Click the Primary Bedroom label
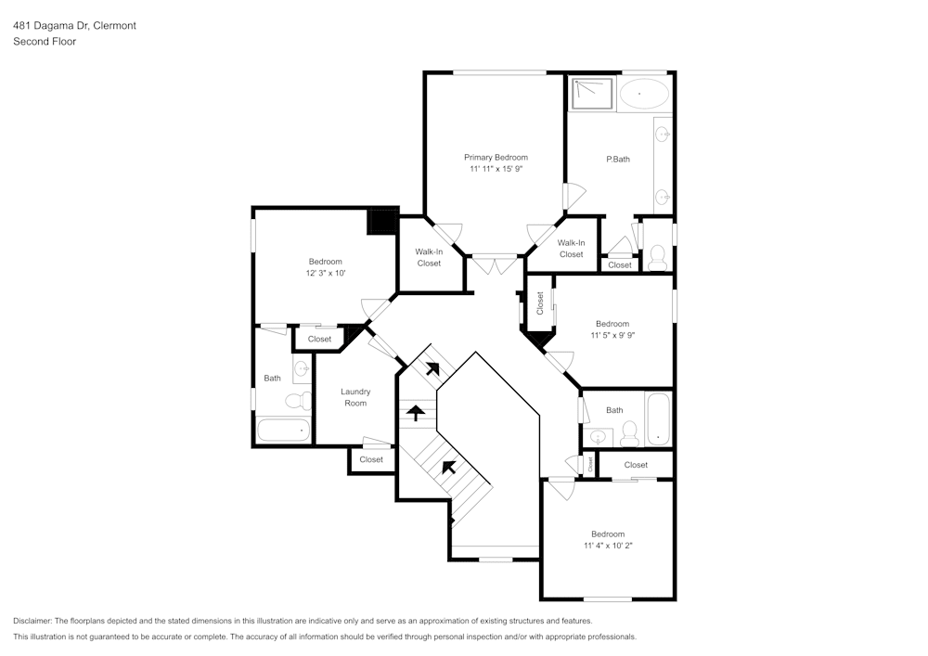click(x=496, y=158)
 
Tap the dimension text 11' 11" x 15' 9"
click(x=496, y=169)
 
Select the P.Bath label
click(x=618, y=160)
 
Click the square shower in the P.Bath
click(x=591, y=93)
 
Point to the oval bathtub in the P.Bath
click(x=643, y=94)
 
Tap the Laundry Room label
click(x=354, y=397)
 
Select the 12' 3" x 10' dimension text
click(x=325, y=274)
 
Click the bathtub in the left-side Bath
click(x=283, y=431)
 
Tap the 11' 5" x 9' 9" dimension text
click(x=612, y=335)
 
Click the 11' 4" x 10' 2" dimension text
click(x=608, y=546)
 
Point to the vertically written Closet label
click(x=540, y=302)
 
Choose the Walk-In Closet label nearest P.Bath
click(x=571, y=249)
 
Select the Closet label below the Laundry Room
click(x=371, y=459)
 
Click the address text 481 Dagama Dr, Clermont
click(x=74, y=26)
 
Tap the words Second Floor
click(x=45, y=42)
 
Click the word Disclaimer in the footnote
click(x=33, y=621)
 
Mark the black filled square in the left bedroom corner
click(x=381, y=223)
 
